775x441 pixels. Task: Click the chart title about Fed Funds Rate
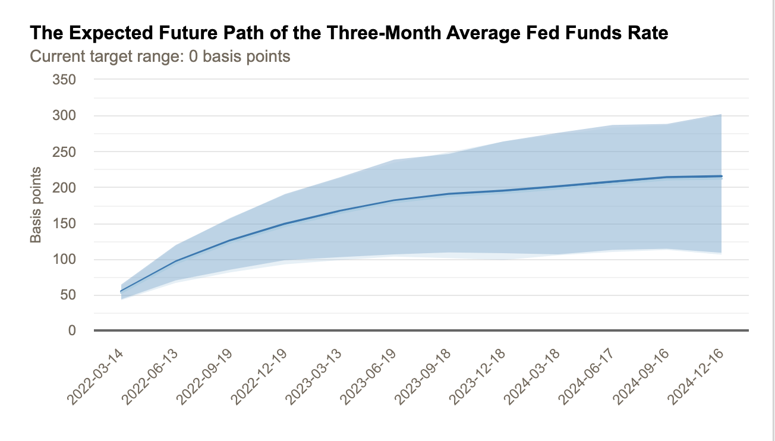point(349,33)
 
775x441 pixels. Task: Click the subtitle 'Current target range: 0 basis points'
point(160,56)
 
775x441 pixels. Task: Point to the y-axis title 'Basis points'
point(36,205)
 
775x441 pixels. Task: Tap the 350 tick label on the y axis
point(64,79)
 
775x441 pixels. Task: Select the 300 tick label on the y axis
point(64,115)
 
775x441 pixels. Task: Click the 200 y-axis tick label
point(64,187)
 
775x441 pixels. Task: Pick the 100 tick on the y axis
point(64,259)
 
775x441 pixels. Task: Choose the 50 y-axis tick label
point(67,295)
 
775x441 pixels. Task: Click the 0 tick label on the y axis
point(71,330)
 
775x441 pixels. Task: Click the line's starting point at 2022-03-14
point(121,291)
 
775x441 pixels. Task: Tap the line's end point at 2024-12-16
point(722,176)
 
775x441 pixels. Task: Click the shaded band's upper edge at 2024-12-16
point(722,115)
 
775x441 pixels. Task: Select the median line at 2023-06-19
point(394,200)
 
